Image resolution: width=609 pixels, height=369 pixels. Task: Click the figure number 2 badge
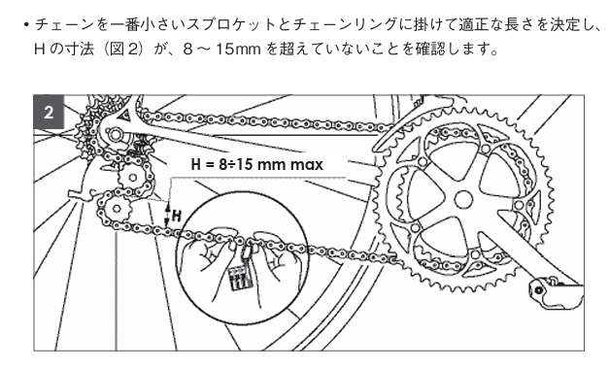[x=49, y=113]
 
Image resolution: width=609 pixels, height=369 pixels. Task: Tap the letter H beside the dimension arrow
[x=177, y=216]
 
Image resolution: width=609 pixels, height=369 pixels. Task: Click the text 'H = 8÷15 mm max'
[x=256, y=164]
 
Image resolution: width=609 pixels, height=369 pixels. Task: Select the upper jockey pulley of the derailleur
[x=132, y=179]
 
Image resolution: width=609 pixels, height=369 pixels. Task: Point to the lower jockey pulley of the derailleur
[x=117, y=210]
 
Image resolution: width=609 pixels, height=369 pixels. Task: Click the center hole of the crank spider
[x=463, y=200]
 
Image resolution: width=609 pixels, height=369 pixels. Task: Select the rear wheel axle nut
[x=116, y=135]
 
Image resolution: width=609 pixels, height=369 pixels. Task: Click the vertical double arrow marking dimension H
[x=168, y=214]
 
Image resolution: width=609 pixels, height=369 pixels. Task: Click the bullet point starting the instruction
[x=26, y=25]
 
